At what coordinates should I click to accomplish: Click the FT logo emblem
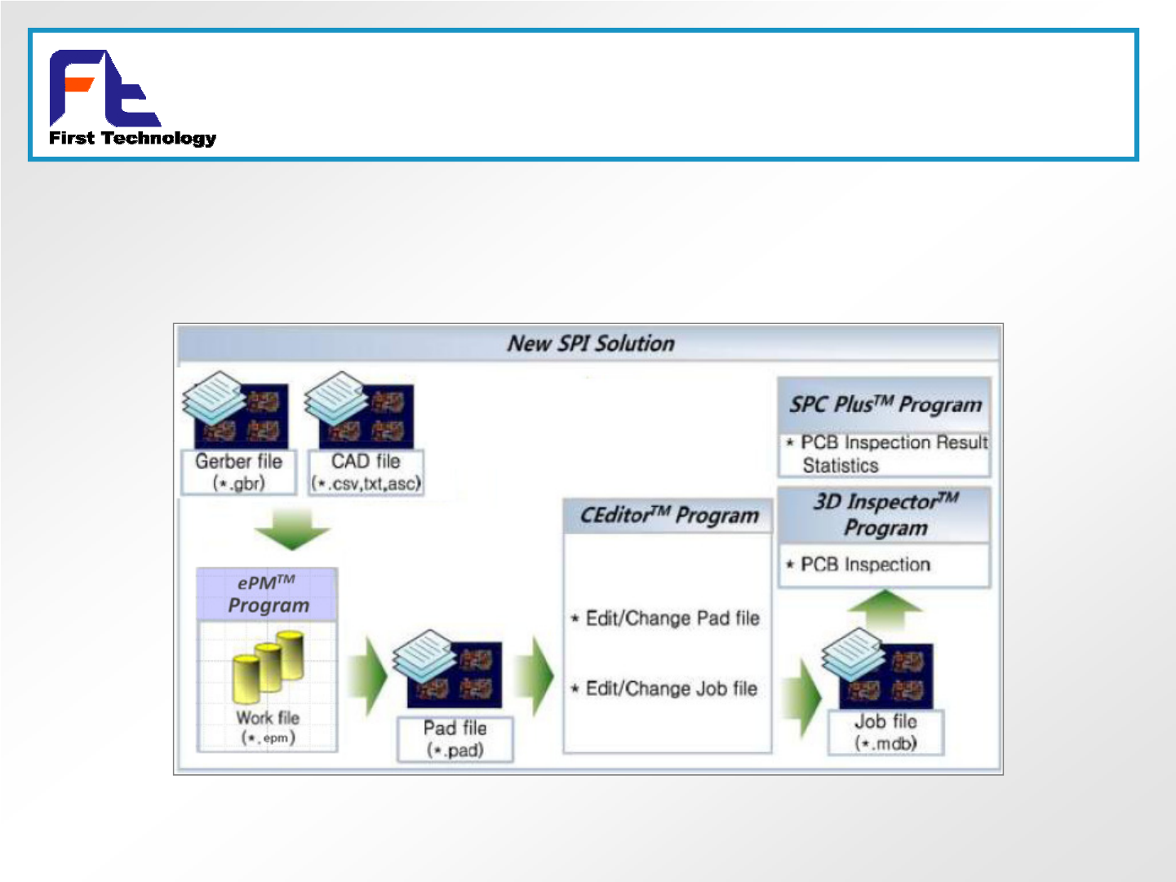coord(104,88)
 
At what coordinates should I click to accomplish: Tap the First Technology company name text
coord(132,138)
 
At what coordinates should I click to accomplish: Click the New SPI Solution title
coord(591,343)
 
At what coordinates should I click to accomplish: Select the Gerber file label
coord(238,472)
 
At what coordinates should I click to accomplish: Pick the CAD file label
coord(366,472)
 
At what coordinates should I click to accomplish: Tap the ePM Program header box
coord(268,594)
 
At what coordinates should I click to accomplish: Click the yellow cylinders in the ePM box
coord(268,666)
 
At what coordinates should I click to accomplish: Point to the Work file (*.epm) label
coord(268,727)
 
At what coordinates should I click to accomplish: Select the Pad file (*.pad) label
coord(455,738)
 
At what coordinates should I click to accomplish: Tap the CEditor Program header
coord(668,516)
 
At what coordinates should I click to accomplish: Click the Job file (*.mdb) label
coord(885,732)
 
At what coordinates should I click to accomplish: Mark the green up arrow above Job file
coord(885,609)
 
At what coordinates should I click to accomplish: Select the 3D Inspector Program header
coord(885,514)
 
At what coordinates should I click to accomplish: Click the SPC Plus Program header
coord(885,405)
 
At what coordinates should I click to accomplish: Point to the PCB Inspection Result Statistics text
coord(890,454)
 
